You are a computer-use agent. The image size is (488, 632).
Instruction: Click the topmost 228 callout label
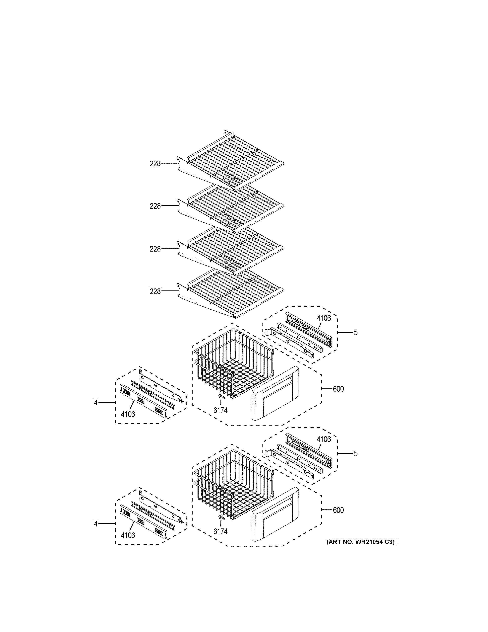click(155, 164)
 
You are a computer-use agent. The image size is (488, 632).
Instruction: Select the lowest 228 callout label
click(155, 291)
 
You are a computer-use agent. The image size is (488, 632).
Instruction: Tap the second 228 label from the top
click(155, 206)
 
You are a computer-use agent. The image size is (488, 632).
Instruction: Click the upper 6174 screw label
click(220, 410)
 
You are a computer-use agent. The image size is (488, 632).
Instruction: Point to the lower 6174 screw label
click(220, 532)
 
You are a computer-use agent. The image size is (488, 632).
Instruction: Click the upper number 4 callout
click(96, 403)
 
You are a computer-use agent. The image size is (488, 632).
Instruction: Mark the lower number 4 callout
click(96, 524)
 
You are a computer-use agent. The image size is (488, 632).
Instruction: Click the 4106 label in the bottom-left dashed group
click(128, 536)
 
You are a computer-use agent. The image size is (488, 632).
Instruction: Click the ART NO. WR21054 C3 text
click(360, 542)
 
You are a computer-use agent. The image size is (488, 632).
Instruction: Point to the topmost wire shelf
click(234, 162)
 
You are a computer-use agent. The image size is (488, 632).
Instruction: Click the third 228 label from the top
click(155, 249)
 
